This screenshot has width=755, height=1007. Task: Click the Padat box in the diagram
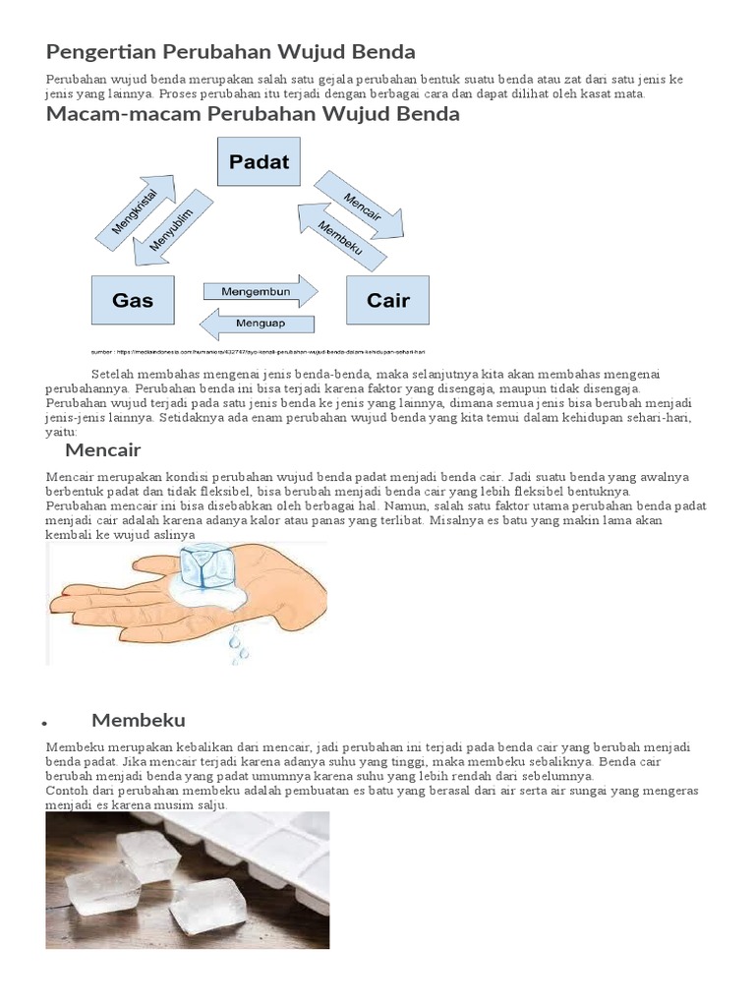[x=259, y=161]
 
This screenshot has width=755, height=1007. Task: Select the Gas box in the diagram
[x=133, y=299]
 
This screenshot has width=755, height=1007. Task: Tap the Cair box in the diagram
[x=387, y=299]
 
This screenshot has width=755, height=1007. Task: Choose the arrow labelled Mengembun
[x=260, y=291]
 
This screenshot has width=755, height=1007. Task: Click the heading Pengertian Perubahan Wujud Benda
[x=231, y=51]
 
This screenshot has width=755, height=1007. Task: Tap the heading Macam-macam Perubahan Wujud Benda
[x=253, y=114]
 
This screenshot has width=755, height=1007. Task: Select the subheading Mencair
[x=103, y=450]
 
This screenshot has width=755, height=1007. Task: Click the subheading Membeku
[x=139, y=720]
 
